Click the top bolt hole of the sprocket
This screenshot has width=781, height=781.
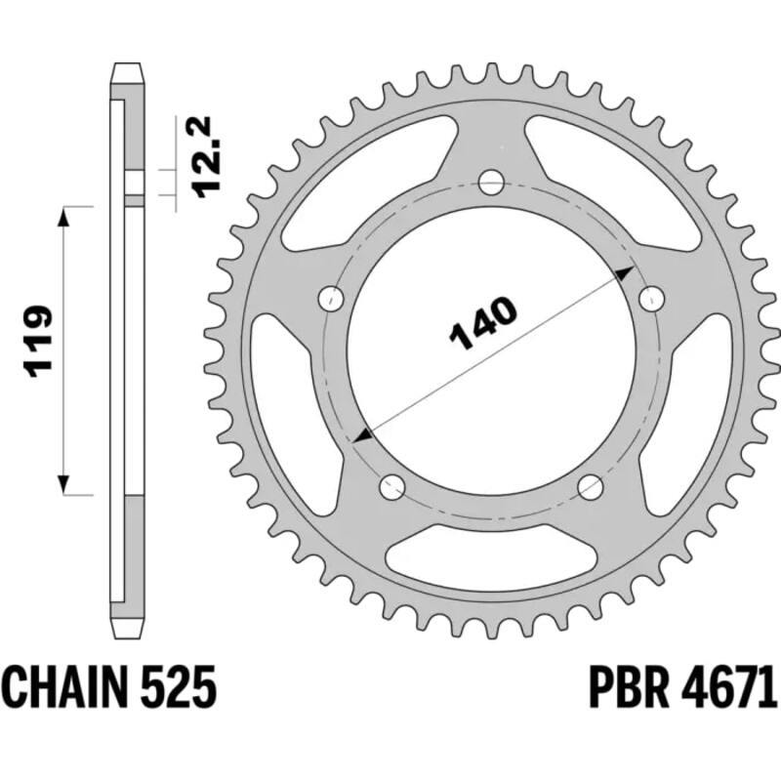(x=491, y=182)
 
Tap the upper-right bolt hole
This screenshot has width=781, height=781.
(x=647, y=298)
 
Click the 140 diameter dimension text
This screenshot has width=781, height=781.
(x=482, y=323)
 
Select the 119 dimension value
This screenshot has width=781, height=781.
(x=38, y=341)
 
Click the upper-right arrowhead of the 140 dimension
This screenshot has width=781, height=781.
(x=622, y=277)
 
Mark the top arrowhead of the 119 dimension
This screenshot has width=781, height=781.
(x=65, y=217)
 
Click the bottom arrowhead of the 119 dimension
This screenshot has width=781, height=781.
(x=65, y=484)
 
